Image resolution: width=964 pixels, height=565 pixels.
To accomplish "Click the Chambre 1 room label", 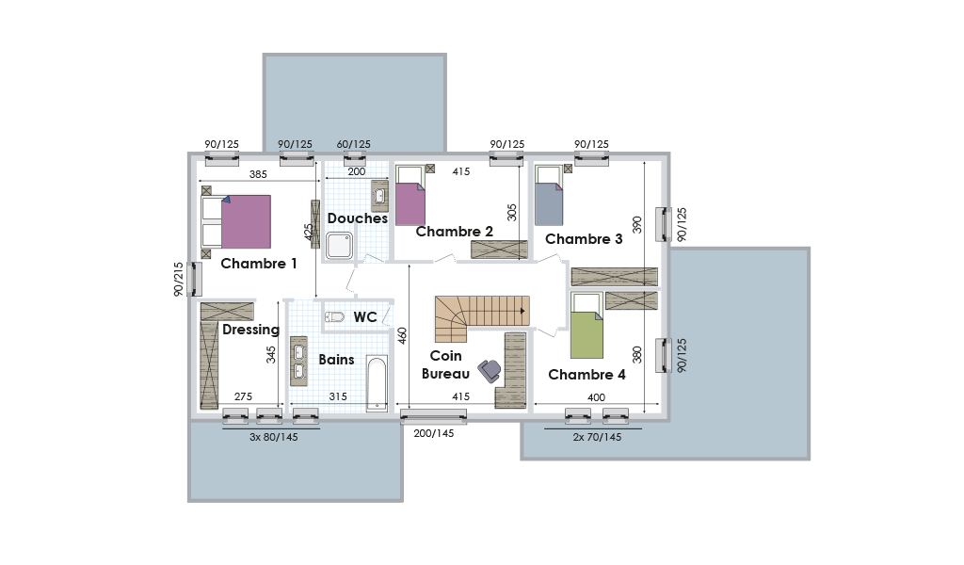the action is click(x=259, y=264).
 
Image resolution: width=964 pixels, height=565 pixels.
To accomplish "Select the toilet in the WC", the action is click(x=334, y=317).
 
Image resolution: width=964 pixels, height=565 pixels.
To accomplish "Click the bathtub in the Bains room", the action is click(x=377, y=383).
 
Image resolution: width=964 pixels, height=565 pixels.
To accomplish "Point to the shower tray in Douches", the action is click(x=339, y=245).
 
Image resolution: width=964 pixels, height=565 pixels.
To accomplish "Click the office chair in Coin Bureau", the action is click(x=490, y=371).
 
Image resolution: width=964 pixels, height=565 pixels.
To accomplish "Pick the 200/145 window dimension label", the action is click(x=433, y=433).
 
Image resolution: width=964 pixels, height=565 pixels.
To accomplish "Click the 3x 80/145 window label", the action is click(x=274, y=437).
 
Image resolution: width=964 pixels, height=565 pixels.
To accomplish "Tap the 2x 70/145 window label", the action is click(x=597, y=437).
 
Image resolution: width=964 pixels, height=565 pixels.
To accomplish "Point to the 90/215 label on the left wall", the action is click(x=178, y=280).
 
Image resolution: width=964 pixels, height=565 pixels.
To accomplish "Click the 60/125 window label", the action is click(x=354, y=144).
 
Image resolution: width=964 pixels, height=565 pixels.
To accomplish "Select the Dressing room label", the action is click(x=250, y=331).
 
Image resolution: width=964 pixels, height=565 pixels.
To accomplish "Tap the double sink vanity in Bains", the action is click(x=298, y=361).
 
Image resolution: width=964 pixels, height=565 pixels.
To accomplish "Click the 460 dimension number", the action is click(x=402, y=335).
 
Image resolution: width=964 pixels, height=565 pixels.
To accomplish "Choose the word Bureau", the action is click(x=445, y=374).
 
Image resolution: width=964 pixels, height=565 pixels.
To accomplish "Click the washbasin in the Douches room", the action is click(x=380, y=196).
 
